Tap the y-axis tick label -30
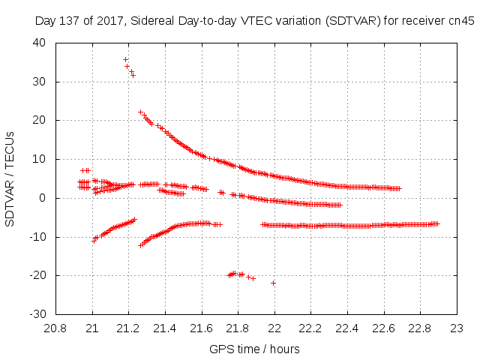[x=37, y=314]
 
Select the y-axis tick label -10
[x=37, y=237]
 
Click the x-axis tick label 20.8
[x=56, y=328]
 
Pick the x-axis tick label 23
[x=457, y=328]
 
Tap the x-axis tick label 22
[x=274, y=328]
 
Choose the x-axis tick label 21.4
[x=165, y=328]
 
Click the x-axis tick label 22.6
[x=384, y=328]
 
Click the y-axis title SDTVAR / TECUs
[x=10, y=178]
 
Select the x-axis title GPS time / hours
[x=256, y=349]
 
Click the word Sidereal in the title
[x=151, y=20]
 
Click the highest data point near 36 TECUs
[x=125, y=59]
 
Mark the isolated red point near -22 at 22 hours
[x=274, y=283]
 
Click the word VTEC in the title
[x=253, y=20]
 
